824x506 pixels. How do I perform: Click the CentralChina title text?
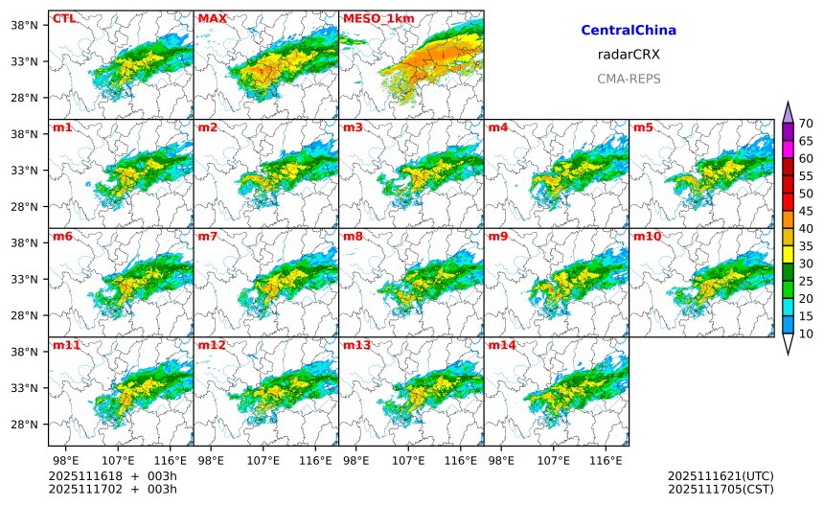(x=629, y=31)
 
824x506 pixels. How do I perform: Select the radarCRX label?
(x=629, y=55)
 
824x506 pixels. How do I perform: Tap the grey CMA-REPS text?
(x=629, y=79)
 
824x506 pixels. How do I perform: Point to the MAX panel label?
(x=212, y=18)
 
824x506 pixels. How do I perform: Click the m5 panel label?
(x=644, y=127)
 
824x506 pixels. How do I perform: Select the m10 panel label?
(x=648, y=237)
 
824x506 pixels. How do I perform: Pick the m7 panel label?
(x=208, y=237)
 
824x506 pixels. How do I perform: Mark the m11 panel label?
(x=66, y=345)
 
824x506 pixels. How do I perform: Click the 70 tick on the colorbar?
(x=806, y=124)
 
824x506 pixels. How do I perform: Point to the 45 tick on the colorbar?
(x=806, y=211)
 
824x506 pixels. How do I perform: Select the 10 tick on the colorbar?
(x=806, y=333)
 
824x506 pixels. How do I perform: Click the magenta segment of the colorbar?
(x=788, y=149)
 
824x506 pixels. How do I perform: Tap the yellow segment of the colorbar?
(x=788, y=254)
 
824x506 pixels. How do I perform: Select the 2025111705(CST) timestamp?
(x=720, y=490)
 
